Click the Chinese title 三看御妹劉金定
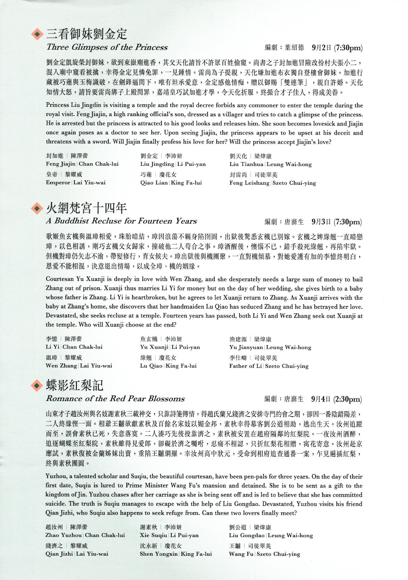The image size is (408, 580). coord(87,34)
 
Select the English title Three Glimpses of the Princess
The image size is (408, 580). coord(107,47)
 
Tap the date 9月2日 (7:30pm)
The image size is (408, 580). coord(337,48)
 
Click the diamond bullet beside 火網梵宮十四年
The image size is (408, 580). coord(37,208)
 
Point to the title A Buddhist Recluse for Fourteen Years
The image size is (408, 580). coord(121,221)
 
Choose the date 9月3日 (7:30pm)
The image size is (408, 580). coord(336,222)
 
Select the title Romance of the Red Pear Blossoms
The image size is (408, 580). coord(115,399)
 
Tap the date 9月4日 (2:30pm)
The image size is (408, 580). coord(336,399)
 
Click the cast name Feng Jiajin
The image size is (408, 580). coord(61,164)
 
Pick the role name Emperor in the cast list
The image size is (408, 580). coord(58,183)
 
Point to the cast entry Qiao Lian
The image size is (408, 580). coord(154,183)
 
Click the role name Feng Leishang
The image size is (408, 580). coord(249,183)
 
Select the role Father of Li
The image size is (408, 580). coord(245,366)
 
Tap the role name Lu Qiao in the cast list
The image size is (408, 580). coord(151,366)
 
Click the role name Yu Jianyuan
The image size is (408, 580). coord(246,347)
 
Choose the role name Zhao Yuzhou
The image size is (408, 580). coord(64,535)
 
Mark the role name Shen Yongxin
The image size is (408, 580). coord(159,554)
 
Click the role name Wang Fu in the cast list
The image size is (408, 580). coord(241,554)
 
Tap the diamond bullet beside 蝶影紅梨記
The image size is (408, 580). coord(37,386)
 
